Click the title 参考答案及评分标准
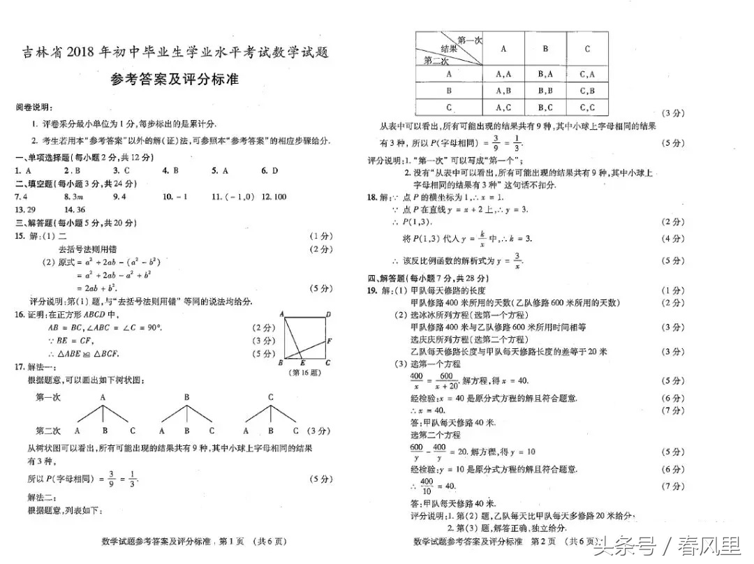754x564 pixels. [175, 80]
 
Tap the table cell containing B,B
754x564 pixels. [545, 91]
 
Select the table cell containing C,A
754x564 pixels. [587, 74]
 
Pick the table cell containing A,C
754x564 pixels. [503, 107]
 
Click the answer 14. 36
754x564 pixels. [74, 209]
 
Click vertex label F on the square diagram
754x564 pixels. [329, 341]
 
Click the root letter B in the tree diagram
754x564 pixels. [187, 397]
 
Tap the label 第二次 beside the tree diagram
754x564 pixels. [48, 431]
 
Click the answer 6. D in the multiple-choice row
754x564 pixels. [270, 171]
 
